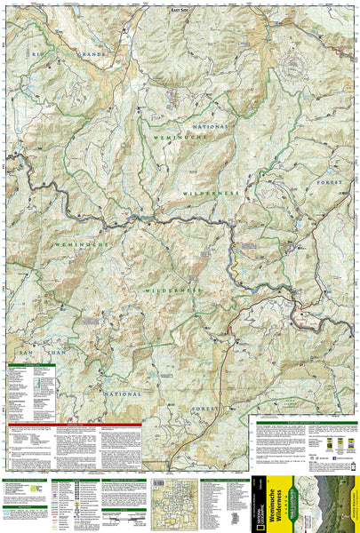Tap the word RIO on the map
37,56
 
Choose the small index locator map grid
173,502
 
